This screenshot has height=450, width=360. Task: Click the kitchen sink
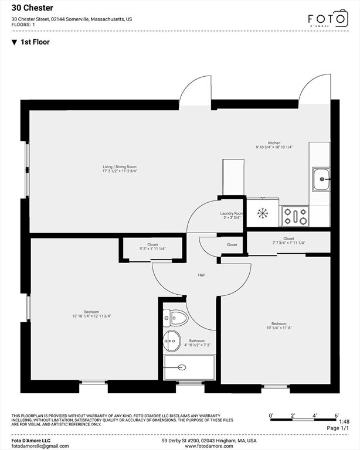(321, 179)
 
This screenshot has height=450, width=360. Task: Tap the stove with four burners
(295, 216)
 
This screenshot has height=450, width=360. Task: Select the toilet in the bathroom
(175, 318)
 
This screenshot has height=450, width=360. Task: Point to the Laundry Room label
(232, 213)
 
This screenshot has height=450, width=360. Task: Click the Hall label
(201, 275)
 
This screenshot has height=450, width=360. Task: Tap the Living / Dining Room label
(120, 167)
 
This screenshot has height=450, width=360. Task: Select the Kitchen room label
(274, 143)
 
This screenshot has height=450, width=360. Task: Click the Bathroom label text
(197, 341)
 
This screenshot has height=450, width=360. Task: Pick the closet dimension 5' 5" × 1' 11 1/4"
(152, 249)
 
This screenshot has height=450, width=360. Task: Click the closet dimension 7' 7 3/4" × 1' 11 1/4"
(288, 243)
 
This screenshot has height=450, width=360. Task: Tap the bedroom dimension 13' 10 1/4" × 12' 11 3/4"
(91, 316)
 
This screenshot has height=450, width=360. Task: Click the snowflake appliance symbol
(263, 213)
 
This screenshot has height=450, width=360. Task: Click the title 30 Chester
(32, 8)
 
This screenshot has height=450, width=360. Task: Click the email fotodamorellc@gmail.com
(40, 446)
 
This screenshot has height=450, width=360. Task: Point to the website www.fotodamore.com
(209, 446)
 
